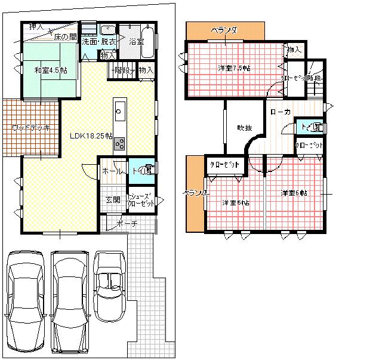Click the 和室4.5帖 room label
tap(50, 70)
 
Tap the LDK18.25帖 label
tap(91, 136)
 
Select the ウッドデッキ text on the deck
tap(30, 127)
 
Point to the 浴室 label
tap(137, 42)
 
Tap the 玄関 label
tap(113, 199)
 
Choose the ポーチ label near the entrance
tap(128, 224)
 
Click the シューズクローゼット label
tap(141, 200)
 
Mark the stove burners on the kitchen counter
tap(119, 143)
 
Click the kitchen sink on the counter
tap(119, 112)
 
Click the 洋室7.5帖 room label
tap(233, 68)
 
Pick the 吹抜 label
tap(245, 127)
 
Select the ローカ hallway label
tap(281, 112)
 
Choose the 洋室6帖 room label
tap(294, 193)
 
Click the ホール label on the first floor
tap(111, 171)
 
